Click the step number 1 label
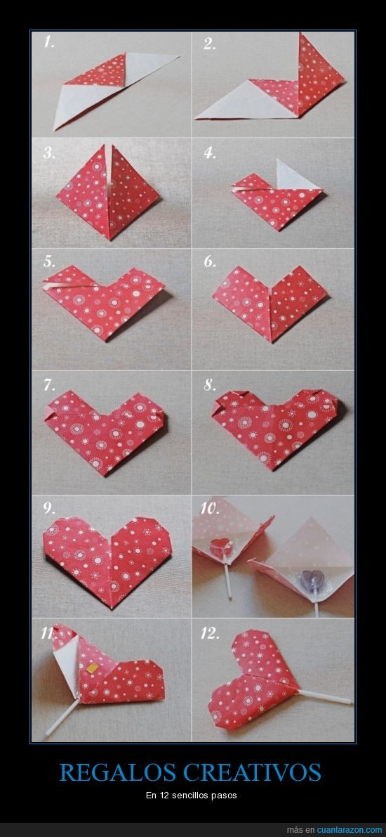pos(48,43)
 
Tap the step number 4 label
pos(210,153)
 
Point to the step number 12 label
pos(210,633)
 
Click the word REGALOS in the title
pos(118,772)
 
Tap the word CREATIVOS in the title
pos(252,772)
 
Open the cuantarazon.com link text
pos(350,829)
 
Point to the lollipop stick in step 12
pos(325,696)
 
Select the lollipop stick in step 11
pos(63,717)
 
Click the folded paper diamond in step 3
pos(109,192)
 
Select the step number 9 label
pos(50,508)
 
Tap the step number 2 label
pos(210,44)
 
